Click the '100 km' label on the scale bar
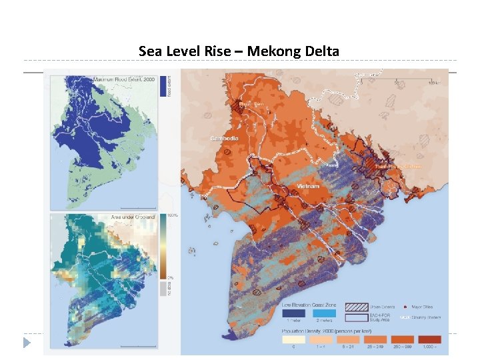pyautogui.click(x=433, y=82)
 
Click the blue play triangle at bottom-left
pyautogui.click(x=27, y=343)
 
